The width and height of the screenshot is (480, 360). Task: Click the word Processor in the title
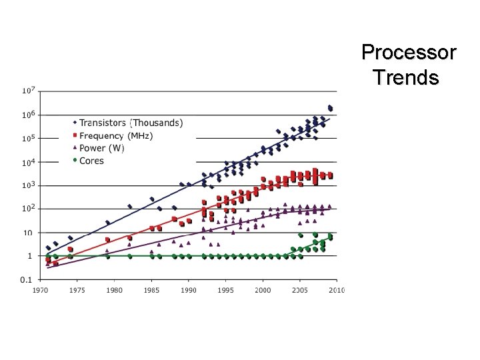408,52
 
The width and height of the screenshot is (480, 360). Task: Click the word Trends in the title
406,78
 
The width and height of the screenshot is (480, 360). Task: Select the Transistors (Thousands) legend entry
131,123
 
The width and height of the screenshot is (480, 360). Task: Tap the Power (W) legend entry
101,148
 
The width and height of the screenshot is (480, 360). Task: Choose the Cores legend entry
91,161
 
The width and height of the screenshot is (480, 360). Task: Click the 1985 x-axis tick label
152,290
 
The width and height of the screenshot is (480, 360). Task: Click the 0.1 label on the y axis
27,279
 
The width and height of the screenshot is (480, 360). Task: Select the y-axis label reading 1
29,256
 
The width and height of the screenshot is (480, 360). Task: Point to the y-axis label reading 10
27,233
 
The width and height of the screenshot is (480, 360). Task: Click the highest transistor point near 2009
330,107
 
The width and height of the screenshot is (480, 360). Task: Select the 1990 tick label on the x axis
189,290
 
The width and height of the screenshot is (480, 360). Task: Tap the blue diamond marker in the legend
75,123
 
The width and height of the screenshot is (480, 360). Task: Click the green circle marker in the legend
75,161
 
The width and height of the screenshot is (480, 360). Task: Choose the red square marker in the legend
75,135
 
